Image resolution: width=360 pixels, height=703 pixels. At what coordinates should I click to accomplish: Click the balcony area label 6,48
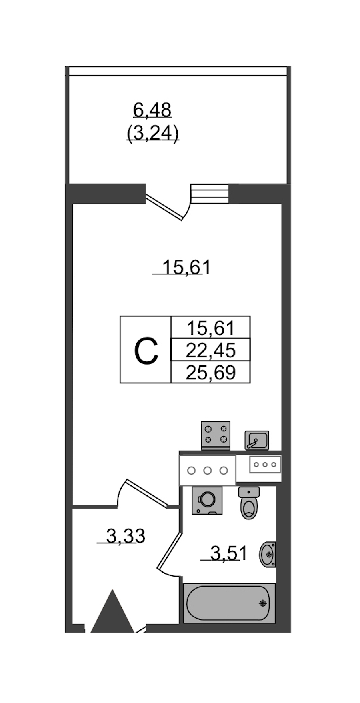tap(152, 110)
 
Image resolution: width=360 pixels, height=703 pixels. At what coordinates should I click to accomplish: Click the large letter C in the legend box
tap(146, 351)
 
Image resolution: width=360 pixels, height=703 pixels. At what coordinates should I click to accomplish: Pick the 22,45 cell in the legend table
tap(210, 351)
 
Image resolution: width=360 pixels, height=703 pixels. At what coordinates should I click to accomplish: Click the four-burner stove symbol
tap(216, 435)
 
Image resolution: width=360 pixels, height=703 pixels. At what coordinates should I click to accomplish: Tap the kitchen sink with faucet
tap(256, 441)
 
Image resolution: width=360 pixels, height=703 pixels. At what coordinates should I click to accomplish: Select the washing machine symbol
tap(207, 500)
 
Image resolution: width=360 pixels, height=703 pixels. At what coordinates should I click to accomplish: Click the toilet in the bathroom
tap(249, 503)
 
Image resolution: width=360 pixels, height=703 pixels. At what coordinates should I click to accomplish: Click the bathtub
tap(229, 603)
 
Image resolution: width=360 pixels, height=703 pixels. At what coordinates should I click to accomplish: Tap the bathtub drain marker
tap(263, 603)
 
